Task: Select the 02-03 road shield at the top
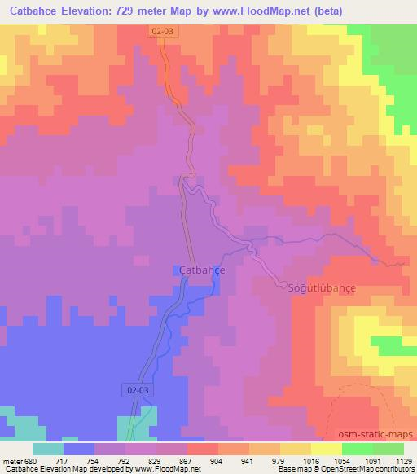coord(162,30)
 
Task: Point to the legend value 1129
coord(403,460)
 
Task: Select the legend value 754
coord(94,460)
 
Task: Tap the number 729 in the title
coord(149,11)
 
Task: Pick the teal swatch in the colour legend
coord(47,449)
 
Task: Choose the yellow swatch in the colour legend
coord(326,449)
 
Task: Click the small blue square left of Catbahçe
coord(177,270)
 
